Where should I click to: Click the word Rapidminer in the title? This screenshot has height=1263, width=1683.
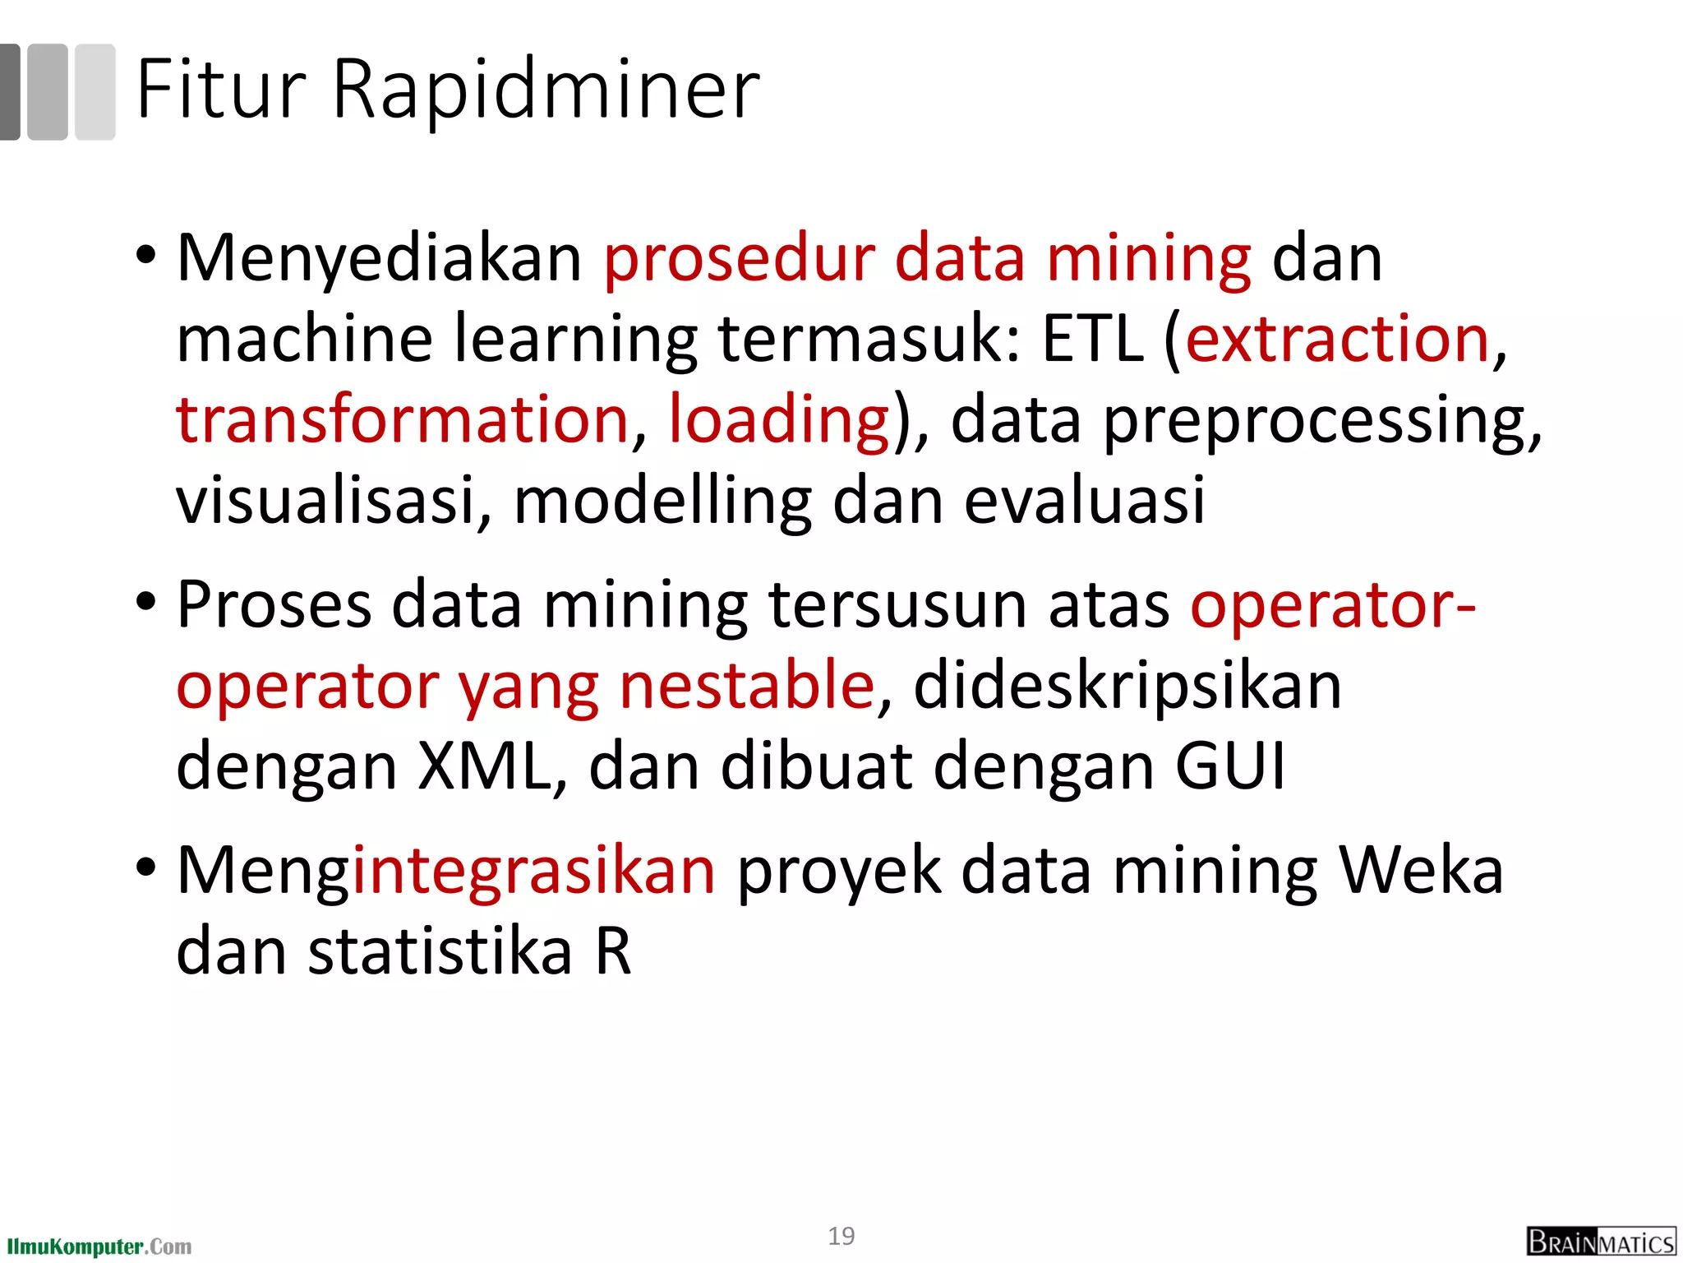546,90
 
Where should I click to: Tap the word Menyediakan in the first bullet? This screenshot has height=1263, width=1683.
380,260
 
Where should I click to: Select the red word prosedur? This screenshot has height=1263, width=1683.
739,260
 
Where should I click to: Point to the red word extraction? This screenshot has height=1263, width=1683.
1337,339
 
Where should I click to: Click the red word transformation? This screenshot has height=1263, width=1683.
403,419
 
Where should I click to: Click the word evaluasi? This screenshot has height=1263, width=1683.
1084,500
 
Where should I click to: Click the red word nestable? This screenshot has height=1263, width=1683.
747,686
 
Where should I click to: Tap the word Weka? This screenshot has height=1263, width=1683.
1421,870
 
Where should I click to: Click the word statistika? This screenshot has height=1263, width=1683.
440,951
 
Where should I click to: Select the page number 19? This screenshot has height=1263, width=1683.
841,1236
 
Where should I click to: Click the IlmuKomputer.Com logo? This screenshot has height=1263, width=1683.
99,1247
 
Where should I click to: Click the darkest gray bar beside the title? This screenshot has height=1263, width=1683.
9,91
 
